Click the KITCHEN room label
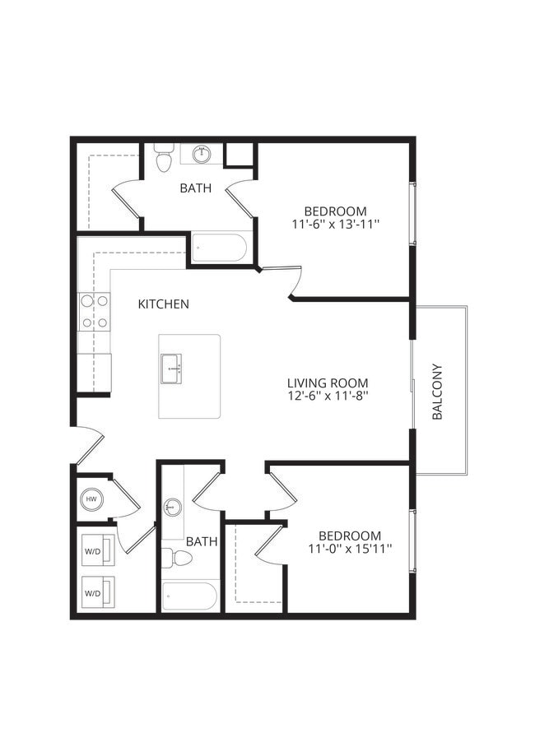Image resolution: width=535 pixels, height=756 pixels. [163, 304]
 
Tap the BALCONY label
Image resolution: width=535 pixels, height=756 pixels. [438, 392]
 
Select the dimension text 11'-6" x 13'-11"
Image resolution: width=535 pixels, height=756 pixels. [335, 224]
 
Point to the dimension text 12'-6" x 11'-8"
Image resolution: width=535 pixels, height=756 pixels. [328, 397]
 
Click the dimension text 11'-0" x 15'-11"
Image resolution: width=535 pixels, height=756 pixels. [350, 548]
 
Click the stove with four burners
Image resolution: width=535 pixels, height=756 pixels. [95, 312]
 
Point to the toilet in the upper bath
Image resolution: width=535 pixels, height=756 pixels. [163, 158]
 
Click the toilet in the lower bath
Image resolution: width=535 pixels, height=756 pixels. [177, 559]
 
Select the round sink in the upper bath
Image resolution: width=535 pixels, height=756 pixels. [202, 154]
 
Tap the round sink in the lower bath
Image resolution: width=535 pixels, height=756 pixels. [172, 507]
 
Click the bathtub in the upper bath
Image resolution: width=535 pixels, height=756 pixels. [219, 248]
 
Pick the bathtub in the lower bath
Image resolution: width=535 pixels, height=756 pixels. [190, 596]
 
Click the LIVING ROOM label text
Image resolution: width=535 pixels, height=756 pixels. [328, 383]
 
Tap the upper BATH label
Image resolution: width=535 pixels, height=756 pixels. [196, 188]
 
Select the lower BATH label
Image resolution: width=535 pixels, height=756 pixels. [202, 542]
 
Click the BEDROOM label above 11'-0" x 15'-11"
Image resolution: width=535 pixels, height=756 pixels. [350, 535]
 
